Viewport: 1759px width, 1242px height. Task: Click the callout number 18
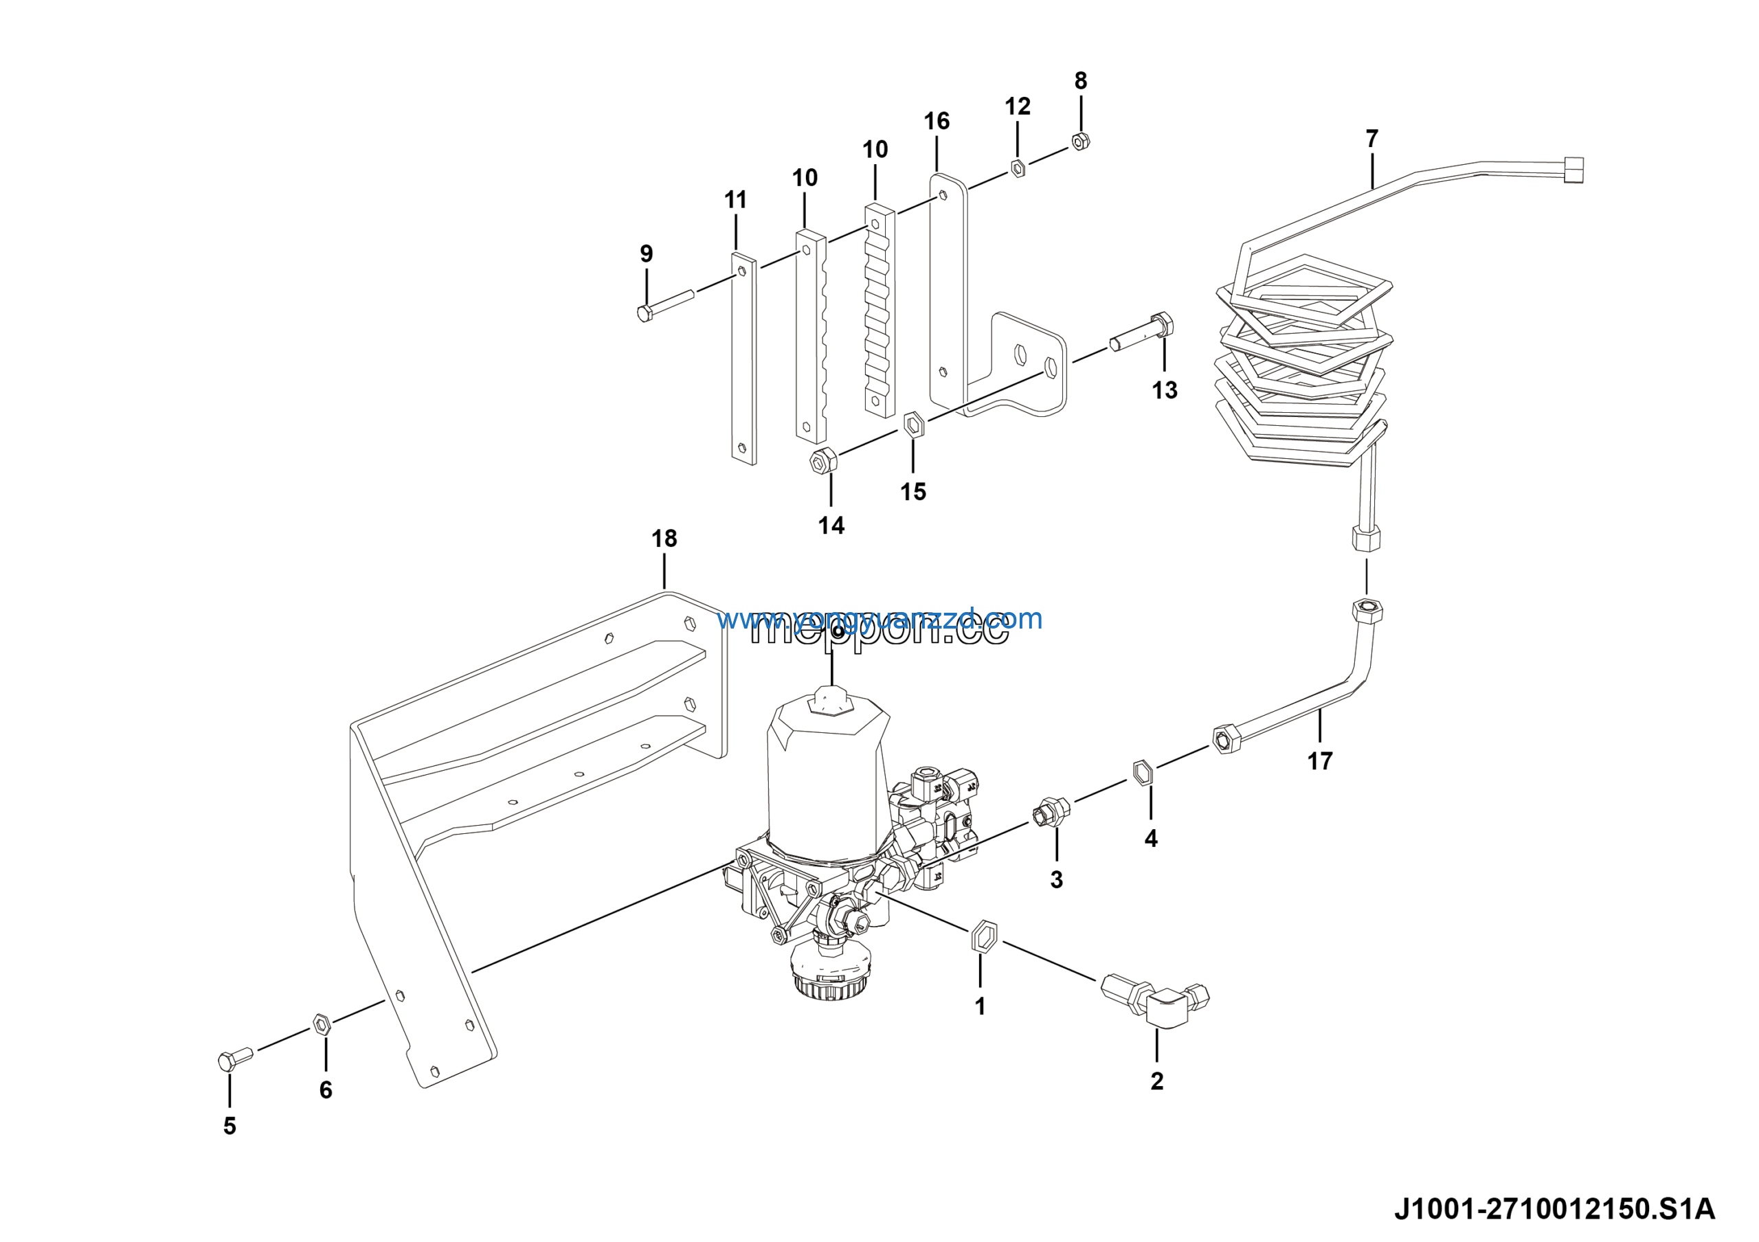(664, 539)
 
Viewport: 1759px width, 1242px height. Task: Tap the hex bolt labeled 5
(234, 1059)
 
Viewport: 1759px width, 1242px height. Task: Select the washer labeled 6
(322, 1024)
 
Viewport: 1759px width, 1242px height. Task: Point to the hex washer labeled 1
(984, 936)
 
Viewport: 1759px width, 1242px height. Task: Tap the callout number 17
(1319, 761)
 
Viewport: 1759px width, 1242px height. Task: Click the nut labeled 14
(822, 462)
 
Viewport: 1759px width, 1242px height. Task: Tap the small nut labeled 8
(1080, 141)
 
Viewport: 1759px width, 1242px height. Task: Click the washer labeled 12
(1018, 168)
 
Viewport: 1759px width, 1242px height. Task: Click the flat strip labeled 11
(743, 360)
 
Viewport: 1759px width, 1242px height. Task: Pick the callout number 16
(937, 121)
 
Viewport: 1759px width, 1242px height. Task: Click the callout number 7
(1371, 139)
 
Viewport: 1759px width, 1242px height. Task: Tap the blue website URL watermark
(879, 618)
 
